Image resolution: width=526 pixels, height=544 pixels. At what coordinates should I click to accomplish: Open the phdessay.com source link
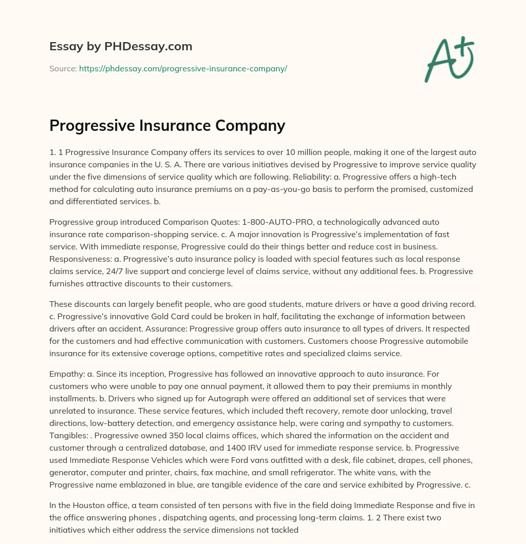(183, 68)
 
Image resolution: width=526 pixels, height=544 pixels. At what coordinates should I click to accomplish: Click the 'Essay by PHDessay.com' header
(121, 46)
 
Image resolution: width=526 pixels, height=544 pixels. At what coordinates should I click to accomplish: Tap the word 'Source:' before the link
(63, 68)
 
